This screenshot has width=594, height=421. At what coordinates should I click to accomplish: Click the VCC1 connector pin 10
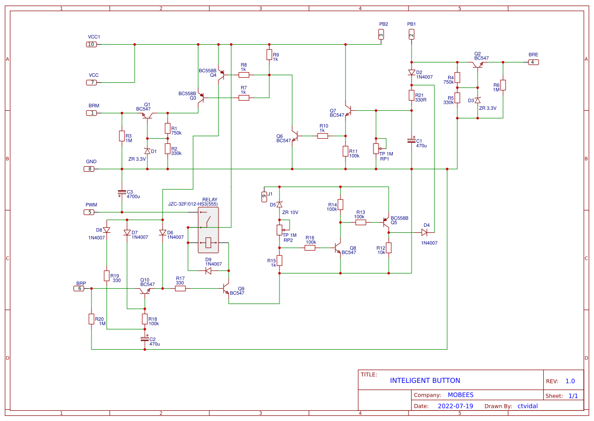pos(91,44)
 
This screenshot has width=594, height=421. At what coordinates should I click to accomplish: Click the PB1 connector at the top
pos(412,34)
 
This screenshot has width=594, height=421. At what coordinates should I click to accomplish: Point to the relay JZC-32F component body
pos(208,230)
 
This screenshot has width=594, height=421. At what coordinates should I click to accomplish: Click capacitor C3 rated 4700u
pos(122,193)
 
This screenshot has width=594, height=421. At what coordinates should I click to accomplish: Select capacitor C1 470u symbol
pos(412,140)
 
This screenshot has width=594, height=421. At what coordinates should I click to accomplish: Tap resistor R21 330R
pos(412,95)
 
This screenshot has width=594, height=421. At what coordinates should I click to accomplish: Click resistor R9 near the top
pos(269,54)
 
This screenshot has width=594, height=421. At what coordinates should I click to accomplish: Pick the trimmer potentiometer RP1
pos(377,148)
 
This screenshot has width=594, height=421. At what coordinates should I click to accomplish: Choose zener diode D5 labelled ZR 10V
pos(279,204)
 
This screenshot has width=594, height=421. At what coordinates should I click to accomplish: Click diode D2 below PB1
pos(412,73)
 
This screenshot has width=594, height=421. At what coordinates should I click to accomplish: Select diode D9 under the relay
pos(208,271)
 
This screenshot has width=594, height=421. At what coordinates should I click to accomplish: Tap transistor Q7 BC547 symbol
pos(348,110)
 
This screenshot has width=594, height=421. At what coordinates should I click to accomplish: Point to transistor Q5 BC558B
pos(386,222)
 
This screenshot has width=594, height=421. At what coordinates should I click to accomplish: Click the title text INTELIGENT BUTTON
pos(425,380)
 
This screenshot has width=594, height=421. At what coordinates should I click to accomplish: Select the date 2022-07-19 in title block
pos(455,406)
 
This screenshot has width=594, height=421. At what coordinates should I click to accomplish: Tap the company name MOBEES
pos(460,395)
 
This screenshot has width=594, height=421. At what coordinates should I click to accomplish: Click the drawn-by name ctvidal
pos(527,406)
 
